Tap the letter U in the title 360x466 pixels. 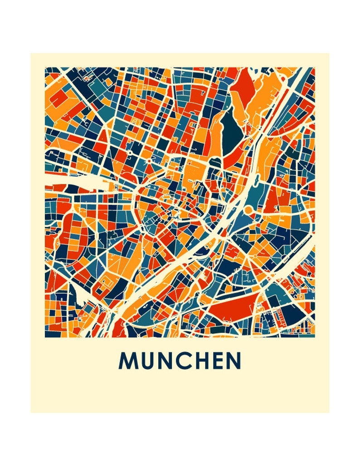[x=147, y=361]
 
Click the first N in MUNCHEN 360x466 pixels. [x=166, y=361]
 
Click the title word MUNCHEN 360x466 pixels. [x=180, y=361]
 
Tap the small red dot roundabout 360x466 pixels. [x=130, y=153]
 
